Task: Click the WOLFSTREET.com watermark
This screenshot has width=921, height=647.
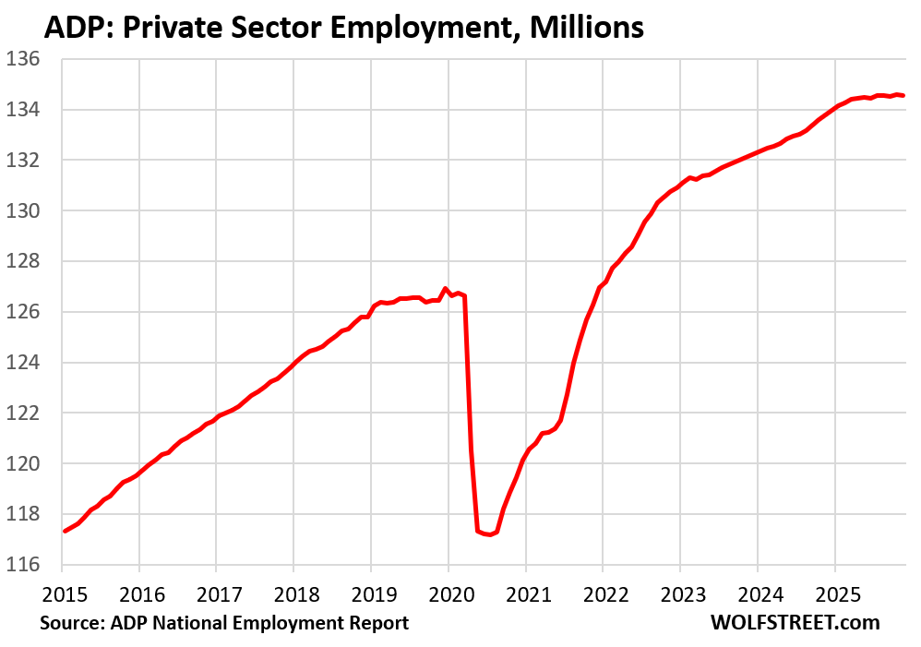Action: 795,623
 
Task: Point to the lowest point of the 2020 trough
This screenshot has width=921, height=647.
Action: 489,535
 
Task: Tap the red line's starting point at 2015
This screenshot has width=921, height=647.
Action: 64,531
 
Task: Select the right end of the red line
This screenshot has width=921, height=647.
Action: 903,95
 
